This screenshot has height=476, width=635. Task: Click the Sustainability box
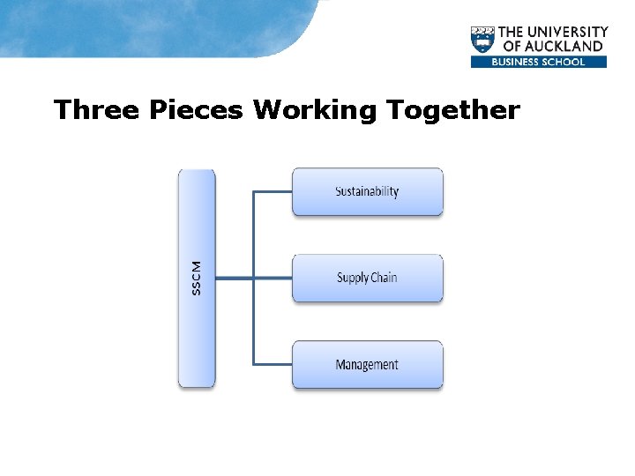point(367,191)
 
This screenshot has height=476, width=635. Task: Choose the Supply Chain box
point(367,278)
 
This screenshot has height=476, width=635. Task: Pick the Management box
point(367,364)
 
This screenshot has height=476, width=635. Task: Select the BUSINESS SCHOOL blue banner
point(539,62)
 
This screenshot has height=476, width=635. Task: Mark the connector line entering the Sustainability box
point(273,191)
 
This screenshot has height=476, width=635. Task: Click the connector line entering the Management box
point(273,364)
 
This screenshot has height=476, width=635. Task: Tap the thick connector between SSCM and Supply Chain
point(234,278)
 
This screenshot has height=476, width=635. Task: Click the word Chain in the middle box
point(384,278)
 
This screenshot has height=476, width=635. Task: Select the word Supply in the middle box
point(352,278)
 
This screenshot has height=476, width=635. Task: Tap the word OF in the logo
point(512,46)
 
